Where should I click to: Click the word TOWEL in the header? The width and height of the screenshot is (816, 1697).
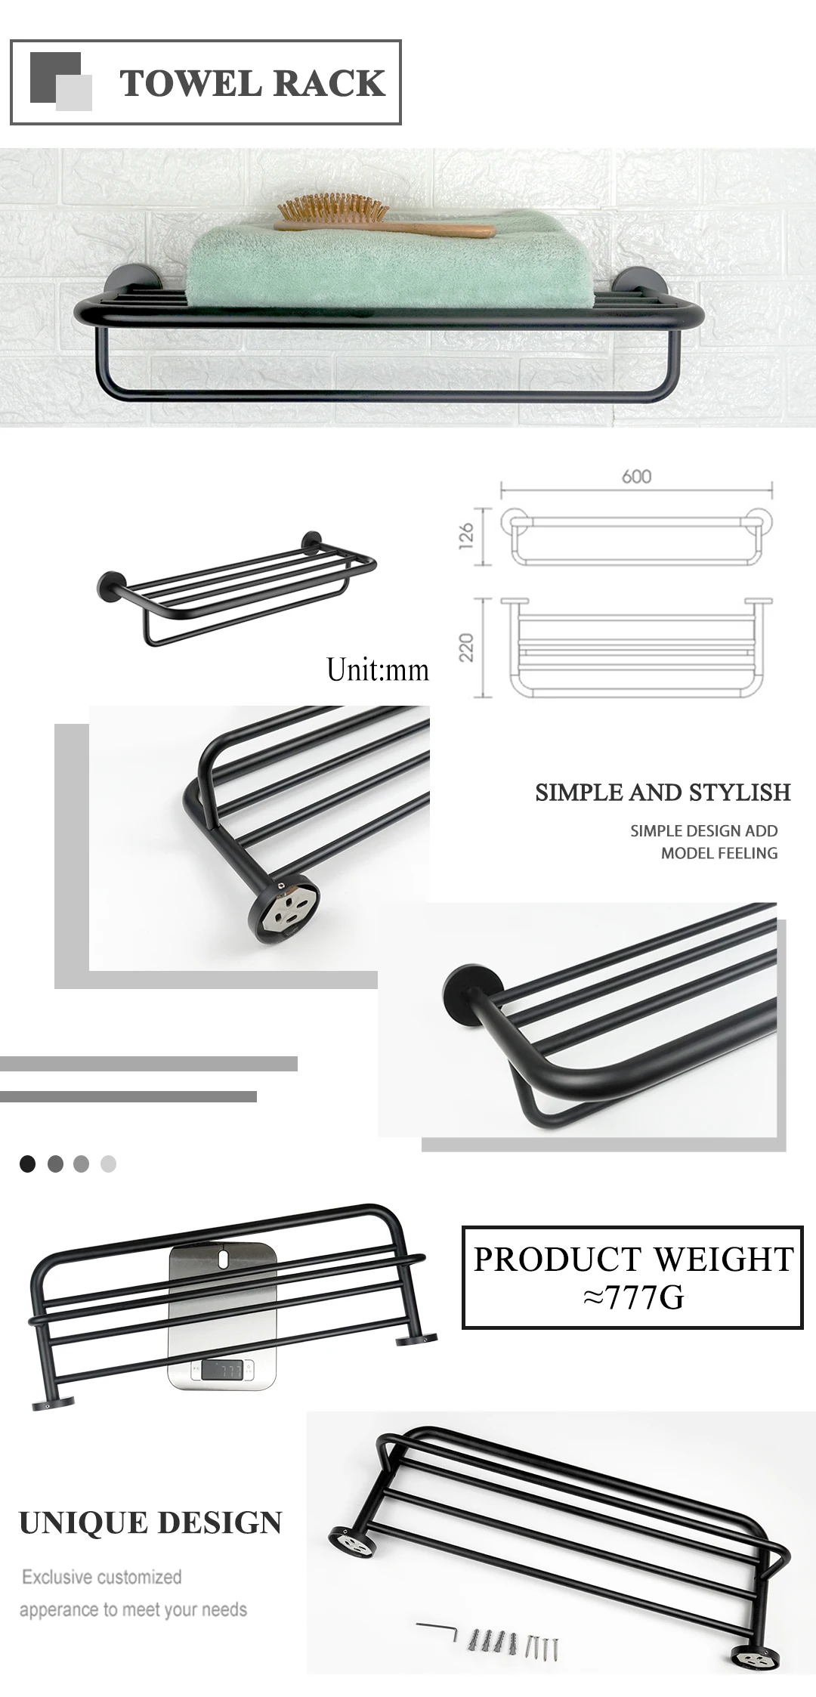click(189, 83)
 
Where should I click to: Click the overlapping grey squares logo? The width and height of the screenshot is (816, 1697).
click(60, 82)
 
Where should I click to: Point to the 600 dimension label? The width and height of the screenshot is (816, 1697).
click(636, 477)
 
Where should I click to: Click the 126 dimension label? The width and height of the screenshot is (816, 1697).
click(466, 535)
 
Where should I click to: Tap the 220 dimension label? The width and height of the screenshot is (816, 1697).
click(466, 648)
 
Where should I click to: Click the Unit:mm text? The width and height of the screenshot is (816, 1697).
click(377, 670)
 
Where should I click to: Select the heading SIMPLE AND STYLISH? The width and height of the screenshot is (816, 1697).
click(663, 792)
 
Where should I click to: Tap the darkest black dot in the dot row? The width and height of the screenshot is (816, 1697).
click(28, 1164)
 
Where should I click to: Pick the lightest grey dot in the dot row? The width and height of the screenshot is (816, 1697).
click(109, 1164)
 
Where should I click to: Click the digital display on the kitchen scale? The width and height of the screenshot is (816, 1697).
click(222, 1369)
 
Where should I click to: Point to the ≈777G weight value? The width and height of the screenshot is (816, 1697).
click(633, 1297)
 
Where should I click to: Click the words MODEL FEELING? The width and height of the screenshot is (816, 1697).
click(719, 853)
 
